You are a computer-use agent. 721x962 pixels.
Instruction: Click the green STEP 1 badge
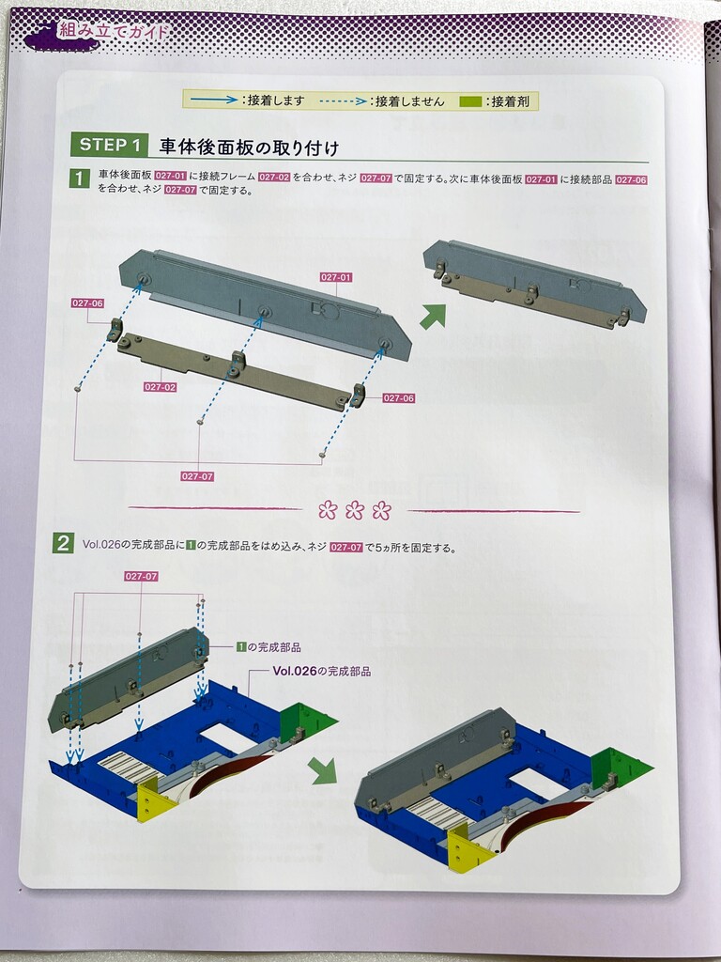coord(109,145)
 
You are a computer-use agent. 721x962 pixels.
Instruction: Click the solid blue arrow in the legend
coord(214,100)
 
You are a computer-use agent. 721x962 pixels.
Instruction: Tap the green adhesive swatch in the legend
coord(470,101)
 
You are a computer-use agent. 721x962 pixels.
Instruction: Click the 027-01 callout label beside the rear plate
coord(336,277)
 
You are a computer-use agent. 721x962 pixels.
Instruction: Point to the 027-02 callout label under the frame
coord(160,387)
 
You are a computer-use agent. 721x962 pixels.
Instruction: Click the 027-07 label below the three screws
coord(197,476)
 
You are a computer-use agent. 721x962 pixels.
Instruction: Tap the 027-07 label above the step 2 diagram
coord(141,576)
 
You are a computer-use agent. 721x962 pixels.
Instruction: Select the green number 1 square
coord(79,178)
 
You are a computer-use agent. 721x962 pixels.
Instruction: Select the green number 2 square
coord(63,544)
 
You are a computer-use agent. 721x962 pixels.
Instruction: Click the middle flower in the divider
coord(354,510)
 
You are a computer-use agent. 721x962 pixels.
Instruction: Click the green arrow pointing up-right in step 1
coord(434,316)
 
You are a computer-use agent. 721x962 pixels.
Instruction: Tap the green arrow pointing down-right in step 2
coord(324,770)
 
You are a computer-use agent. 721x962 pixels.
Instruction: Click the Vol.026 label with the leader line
coord(321,671)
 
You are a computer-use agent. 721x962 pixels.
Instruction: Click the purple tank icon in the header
coord(60,36)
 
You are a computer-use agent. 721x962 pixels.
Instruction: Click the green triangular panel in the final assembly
coord(622,768)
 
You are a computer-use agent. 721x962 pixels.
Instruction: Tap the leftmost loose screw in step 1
coord(77,388)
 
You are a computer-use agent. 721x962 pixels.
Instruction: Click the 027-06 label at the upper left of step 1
coord(87,303)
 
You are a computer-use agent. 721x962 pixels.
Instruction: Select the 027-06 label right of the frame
coord(398,398)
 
